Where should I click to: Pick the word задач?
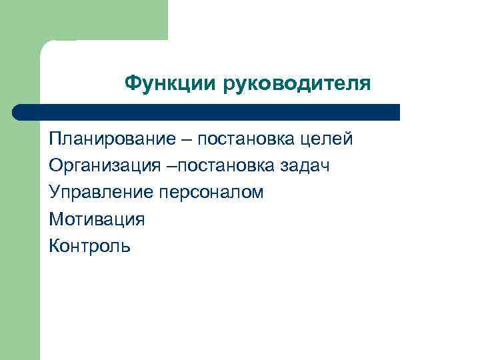pos(308,166)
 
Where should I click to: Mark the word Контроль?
pos(90,246)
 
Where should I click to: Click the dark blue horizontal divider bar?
pos(207,111)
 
